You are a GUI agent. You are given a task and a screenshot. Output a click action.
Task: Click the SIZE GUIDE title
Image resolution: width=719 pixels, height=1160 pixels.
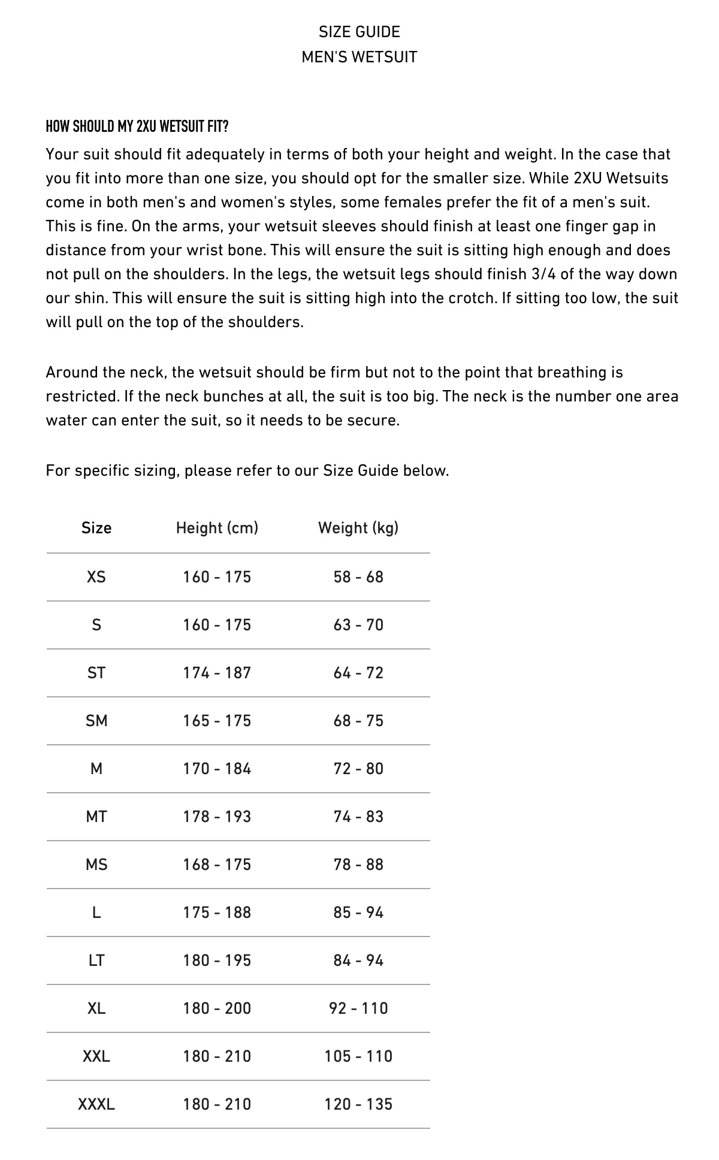[359, 32]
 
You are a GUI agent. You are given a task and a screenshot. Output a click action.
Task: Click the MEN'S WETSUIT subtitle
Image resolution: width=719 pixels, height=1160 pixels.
[359, 57]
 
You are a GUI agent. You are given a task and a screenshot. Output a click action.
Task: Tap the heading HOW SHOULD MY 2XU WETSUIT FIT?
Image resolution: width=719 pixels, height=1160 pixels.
[137, 126]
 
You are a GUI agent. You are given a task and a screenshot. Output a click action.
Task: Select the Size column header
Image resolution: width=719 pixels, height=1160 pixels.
[96, 528]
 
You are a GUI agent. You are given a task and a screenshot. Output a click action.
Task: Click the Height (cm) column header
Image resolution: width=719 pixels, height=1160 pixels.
[217, 528]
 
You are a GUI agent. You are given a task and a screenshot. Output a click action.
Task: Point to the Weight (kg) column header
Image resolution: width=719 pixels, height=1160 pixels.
[358, 528]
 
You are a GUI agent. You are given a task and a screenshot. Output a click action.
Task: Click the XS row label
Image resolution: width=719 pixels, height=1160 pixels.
[96, 577]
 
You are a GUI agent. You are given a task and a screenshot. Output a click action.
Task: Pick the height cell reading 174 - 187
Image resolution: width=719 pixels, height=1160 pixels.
[217, 673]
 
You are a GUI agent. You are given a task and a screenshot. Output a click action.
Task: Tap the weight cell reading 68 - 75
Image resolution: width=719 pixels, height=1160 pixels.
[358, 721]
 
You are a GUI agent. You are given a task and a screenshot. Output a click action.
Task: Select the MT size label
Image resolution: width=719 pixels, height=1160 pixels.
[96, 817]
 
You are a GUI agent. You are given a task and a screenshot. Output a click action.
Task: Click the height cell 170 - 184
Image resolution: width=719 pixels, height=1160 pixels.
[217, 769]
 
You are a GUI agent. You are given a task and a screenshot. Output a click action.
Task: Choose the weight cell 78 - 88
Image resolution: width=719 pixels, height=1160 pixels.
[358, 865]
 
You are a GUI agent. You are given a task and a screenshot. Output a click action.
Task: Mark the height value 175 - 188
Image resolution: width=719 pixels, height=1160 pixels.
[217, 913]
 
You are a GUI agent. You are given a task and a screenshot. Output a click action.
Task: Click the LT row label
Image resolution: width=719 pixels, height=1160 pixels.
[96, 960]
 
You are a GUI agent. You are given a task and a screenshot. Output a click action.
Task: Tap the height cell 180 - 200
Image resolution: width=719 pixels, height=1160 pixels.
[217, 1008]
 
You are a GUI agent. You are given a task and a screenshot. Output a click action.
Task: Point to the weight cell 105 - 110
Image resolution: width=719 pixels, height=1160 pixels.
[358, 1056]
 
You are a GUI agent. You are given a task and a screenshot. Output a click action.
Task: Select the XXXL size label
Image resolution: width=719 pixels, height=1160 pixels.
[96, 1104]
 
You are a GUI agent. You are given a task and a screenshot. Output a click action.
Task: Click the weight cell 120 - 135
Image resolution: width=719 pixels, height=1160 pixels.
[358, 1104]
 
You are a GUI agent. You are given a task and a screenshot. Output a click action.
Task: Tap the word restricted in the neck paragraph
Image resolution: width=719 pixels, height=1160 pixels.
[74, 397]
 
